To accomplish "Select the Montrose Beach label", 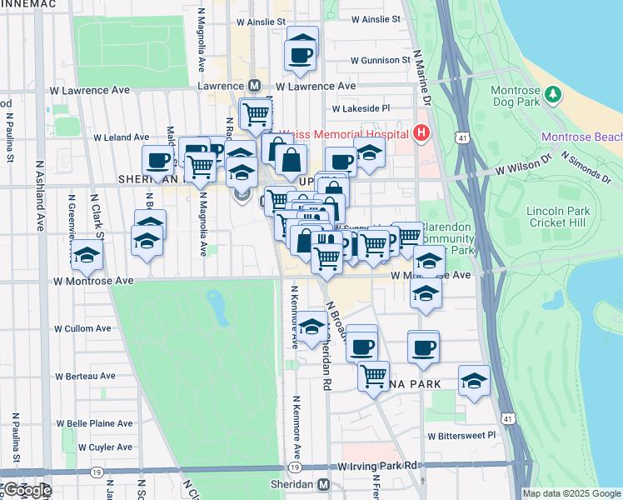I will (581, 137).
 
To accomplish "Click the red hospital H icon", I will (421, 133).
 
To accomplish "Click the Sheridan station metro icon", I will (323, 484).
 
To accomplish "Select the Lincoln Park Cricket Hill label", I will (559, 217).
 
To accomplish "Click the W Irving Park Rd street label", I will (377, 467).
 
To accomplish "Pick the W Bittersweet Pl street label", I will (461, 436).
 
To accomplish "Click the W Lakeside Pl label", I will (361, 108).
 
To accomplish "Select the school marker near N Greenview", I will (87, 256).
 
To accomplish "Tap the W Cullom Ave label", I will (82, 328).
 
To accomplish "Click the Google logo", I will (27, 490).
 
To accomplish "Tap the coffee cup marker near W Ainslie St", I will (301, 55).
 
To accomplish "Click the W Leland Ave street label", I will (121, 137).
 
